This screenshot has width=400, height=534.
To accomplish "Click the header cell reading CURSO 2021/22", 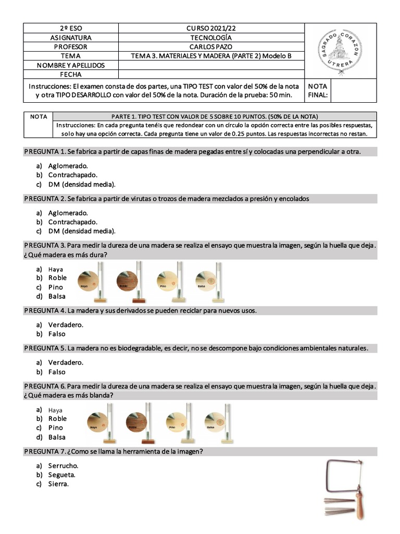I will [210, 28].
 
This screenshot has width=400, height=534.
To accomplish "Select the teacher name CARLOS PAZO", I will [210, 46].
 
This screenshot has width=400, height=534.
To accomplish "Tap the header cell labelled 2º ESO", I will [71, 28].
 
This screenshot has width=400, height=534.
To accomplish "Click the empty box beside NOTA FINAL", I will [353, 90].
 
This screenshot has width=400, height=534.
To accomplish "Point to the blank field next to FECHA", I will [210, 75].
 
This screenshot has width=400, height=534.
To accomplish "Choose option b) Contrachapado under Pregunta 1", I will [72, 175].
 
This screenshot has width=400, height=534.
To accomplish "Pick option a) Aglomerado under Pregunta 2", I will [68, 213].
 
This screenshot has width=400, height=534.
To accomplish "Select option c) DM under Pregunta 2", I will [82, 231].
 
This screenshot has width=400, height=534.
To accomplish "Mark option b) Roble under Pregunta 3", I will [57, 278].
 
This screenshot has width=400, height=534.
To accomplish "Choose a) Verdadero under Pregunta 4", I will [66, 325].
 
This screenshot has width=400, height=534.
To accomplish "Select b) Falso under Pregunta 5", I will [57, 372].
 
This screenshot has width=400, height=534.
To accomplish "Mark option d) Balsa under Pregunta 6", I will [57, 437].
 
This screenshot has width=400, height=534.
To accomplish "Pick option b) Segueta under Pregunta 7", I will [61, 475].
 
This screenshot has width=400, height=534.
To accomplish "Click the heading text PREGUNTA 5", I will [45, 348].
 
